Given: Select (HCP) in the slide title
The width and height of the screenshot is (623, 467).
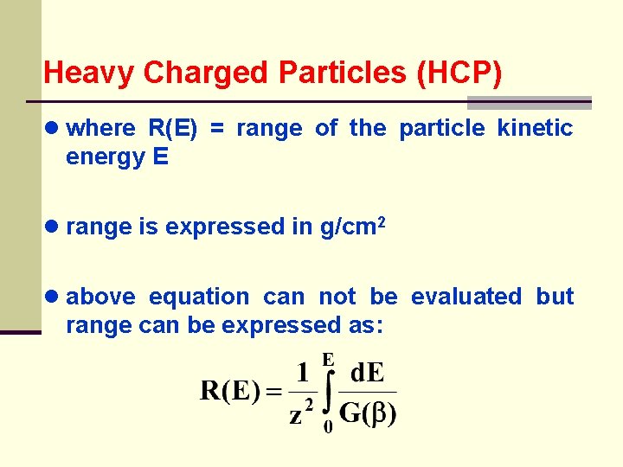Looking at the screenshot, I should [x=459, y=73].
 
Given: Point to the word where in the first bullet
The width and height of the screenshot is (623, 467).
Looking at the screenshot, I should [x=100, y=129].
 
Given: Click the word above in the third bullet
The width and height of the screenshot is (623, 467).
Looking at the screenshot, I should [x=100, y=297].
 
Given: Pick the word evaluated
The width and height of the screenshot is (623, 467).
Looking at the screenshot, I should [x=466, y=297].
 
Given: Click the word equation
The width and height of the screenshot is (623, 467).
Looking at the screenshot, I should [x=199, y=297].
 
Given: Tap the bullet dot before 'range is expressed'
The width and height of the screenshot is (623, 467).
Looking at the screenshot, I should [x=53, y=227].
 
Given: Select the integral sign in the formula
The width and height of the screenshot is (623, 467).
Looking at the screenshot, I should [x=327, y=393].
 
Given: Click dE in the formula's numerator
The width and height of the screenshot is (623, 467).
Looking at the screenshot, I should [x=367, y=374].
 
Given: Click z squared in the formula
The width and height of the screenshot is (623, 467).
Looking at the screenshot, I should [x=300, y=413].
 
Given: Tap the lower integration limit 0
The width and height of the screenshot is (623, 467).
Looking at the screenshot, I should [x=328, y=427].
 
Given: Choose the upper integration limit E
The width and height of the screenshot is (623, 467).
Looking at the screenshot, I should [x=329, y=358].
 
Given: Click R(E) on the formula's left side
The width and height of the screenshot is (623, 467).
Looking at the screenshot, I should [x=229, y=392].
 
